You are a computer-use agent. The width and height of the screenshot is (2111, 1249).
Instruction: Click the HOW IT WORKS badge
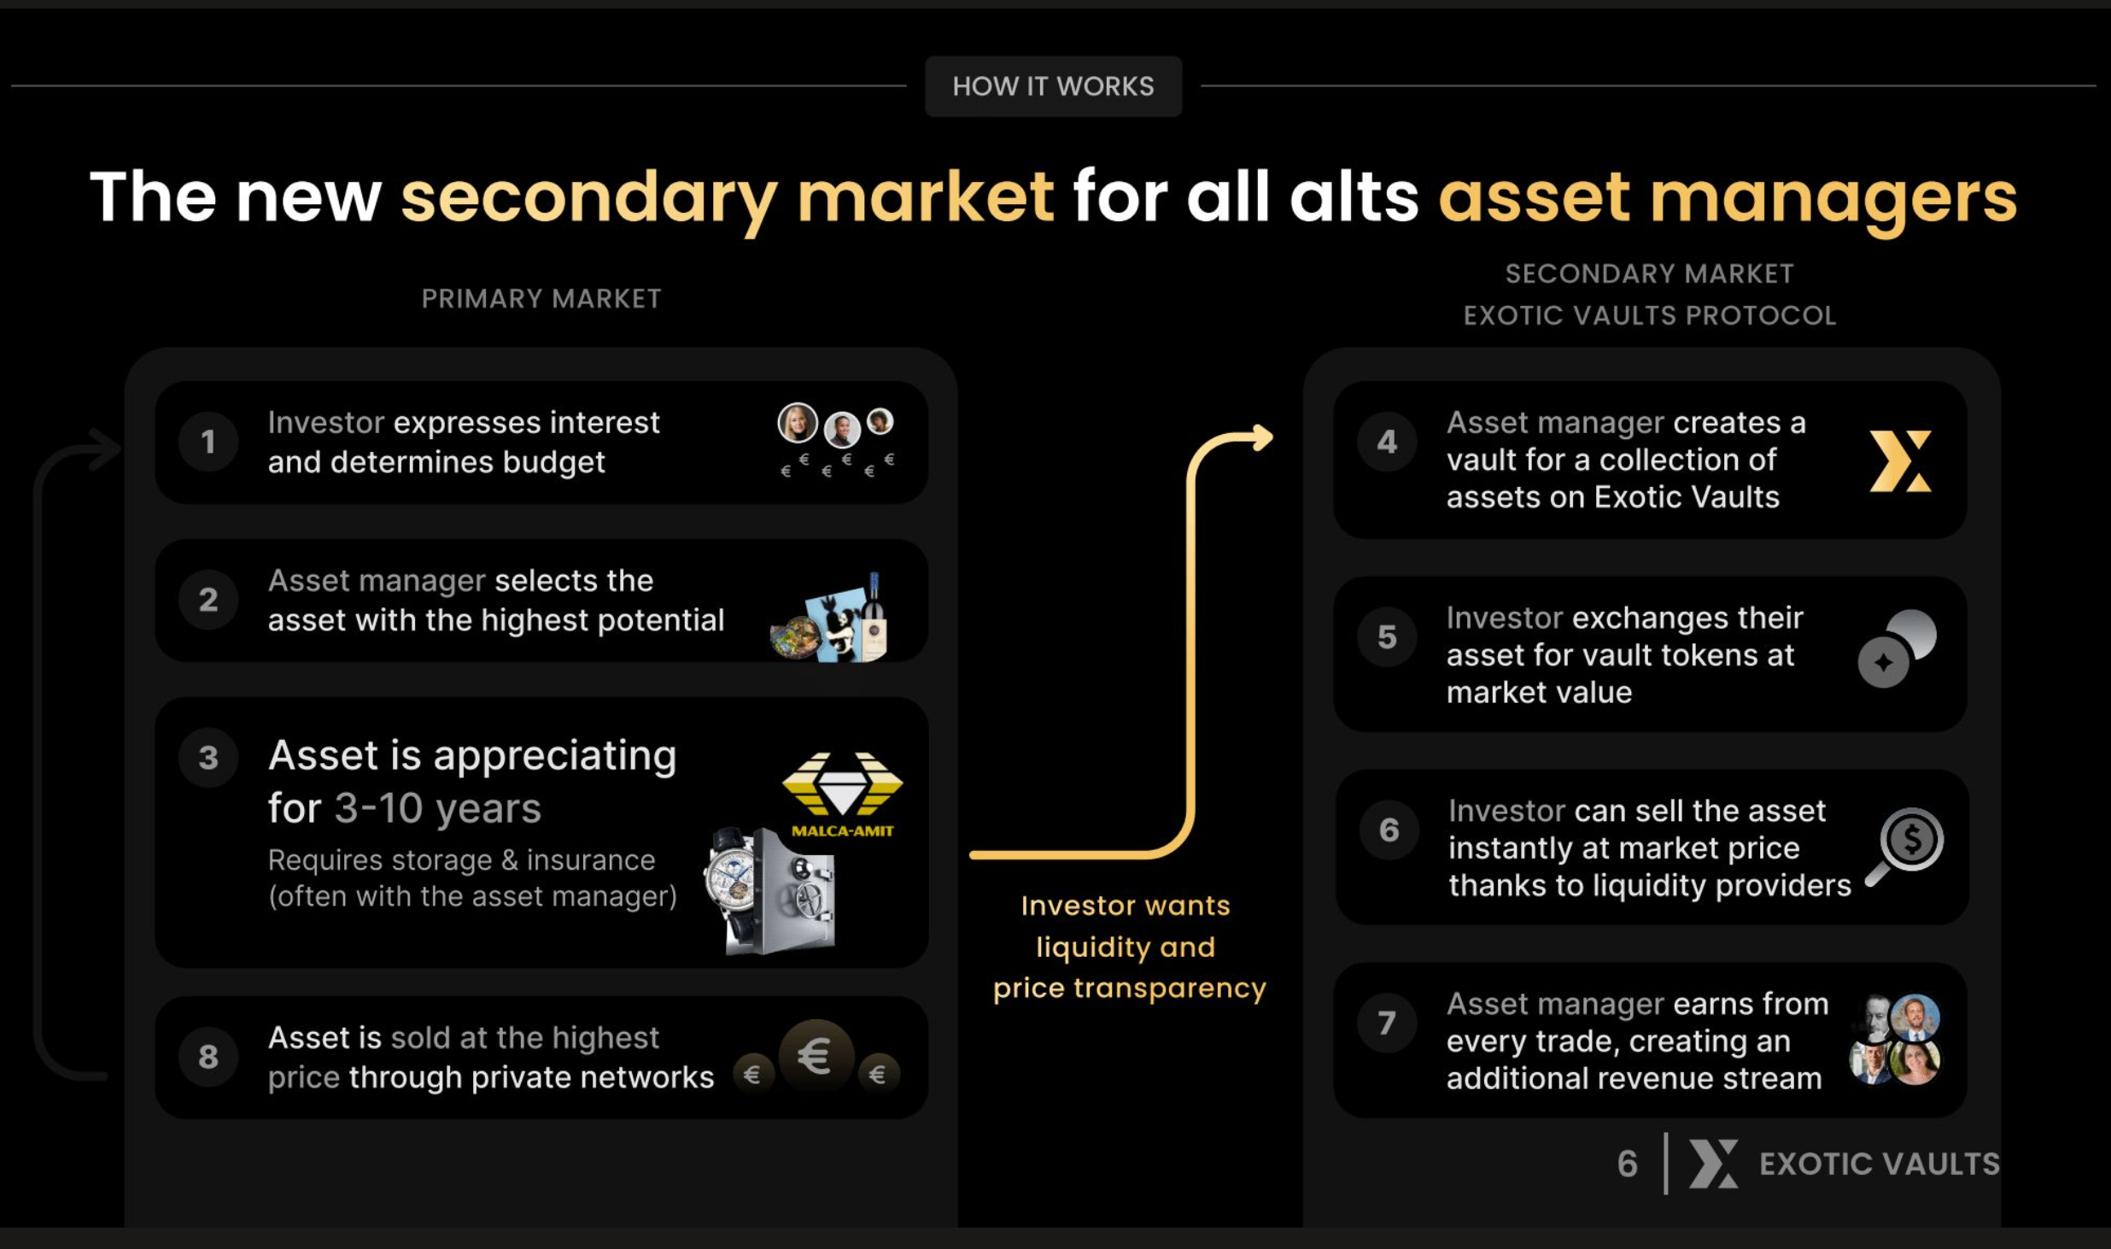(x=1053, y=86)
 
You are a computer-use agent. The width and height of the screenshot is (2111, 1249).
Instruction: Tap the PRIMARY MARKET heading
(x=541, y=299)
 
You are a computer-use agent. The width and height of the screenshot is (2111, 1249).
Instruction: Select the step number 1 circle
(x=208, y=442)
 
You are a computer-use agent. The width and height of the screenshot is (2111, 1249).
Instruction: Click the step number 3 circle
(x=208, y=758)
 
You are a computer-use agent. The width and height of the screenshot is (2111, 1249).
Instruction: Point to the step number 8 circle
(x=208, y=1057)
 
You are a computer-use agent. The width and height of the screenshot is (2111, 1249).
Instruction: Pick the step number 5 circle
(x=1387, y=636)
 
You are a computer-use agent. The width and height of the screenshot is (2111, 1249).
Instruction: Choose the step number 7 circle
(x=1387, y=1023)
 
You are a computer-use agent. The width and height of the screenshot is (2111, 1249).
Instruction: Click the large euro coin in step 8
(x=816, y=1056)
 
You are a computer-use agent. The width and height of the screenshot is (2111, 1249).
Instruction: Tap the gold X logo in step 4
(x=1900, y=461)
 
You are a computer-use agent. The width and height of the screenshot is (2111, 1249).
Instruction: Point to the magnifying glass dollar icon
(x=1906, y=846)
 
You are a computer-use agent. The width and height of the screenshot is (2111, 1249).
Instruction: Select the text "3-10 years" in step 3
(x=437, y=808)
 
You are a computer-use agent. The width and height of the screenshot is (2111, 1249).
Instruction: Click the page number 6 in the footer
(x=1628, y=1164)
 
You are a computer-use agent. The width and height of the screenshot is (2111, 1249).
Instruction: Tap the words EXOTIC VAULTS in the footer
(x=1880, y=1164)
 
